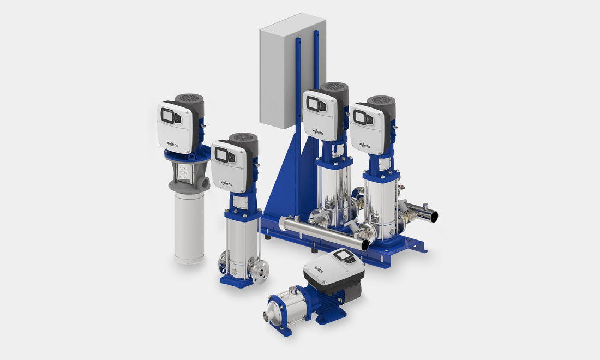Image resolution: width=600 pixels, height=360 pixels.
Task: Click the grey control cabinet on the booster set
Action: (x=292, y=71)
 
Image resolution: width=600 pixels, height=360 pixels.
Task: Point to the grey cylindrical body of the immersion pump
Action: (x=189, y=228)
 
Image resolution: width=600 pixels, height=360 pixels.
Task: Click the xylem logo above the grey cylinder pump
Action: (x=172, y=144)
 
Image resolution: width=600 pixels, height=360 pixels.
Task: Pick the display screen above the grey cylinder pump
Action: (x=167, y=115)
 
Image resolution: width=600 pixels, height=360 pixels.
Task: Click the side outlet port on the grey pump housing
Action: (x=206, y=183)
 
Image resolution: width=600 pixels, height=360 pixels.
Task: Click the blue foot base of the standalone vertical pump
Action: (x=237, y=282)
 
